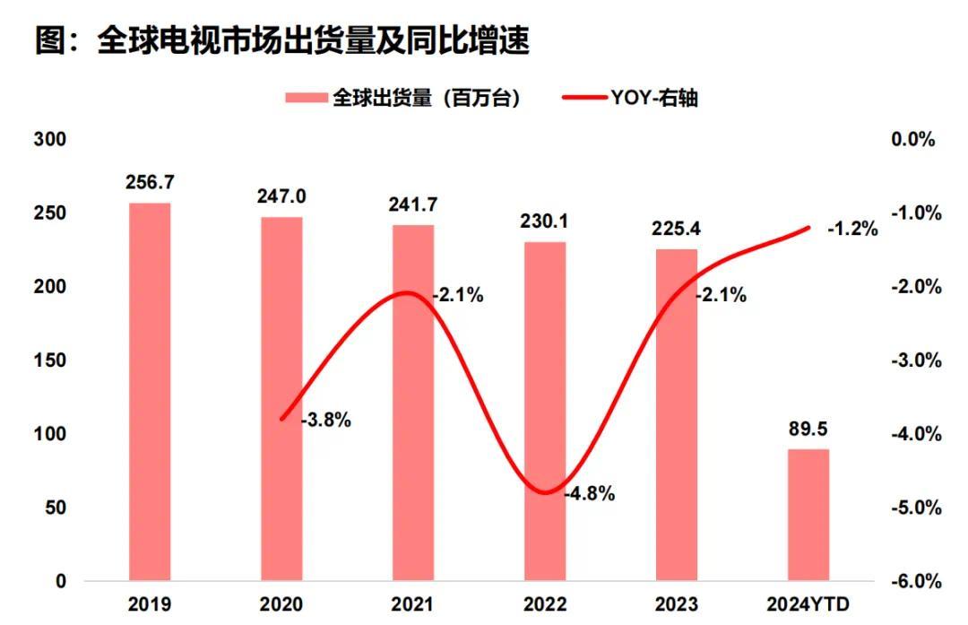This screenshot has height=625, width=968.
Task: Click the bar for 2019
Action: point(149,392)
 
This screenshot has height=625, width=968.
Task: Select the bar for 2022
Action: point(545,412)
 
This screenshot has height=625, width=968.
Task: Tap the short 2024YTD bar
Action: point(808,515)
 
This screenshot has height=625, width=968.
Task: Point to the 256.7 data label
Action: point(150,182)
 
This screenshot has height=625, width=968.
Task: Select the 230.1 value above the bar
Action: point(545,221)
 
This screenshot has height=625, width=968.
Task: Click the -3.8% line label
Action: point(325,419)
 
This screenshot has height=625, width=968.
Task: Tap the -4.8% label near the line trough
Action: point(590,493)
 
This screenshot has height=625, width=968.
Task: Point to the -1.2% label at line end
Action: point(851,228)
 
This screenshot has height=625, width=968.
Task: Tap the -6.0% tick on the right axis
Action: point(914,581)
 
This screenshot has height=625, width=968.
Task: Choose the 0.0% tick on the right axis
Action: point(914,140)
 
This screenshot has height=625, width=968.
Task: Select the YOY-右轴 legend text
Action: point(655,99)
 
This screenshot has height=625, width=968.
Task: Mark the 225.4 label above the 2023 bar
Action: point(677,229)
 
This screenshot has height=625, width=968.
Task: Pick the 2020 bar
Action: point(281,399)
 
